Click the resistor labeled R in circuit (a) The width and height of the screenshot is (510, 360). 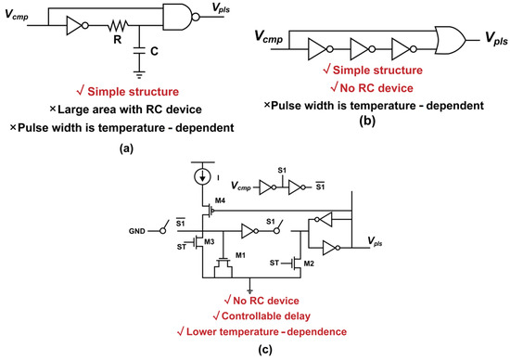pos(118,25)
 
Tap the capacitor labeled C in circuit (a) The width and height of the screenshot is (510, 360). pos(139,50)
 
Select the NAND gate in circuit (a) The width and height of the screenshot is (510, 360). pos(181,17)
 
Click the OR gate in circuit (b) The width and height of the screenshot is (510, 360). pos(451,40)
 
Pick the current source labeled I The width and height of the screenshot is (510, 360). pos(203,177)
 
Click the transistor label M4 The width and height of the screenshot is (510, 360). pos(220,200)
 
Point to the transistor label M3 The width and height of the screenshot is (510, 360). pos(210,241)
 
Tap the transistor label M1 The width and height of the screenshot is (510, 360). pos(240,255)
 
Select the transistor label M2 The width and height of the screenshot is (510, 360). pos(309,264)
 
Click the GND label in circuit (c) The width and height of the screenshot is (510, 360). pos(137,231)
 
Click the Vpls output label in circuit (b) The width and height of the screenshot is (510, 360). pos(496,38)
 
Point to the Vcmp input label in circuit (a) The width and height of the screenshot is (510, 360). pos(17,14)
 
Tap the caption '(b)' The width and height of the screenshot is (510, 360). pos(367,121)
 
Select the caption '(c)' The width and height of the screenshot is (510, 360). pos(265,350)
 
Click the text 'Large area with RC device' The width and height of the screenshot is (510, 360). pos(130,109)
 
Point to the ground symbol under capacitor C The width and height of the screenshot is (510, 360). pos(139,75)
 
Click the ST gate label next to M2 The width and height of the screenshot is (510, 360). pos(274,263)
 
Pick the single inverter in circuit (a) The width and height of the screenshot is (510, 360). pos(77,25)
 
